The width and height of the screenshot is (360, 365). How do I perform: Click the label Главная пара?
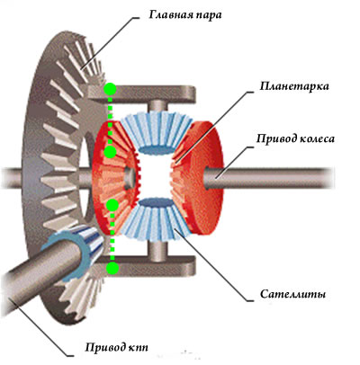[185, 15]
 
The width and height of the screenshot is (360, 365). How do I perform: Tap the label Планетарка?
[294, 86]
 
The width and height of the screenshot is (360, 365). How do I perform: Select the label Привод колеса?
[295, 139]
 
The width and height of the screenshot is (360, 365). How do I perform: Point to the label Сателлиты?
[293, 294]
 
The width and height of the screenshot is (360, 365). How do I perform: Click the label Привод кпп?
[117, 348]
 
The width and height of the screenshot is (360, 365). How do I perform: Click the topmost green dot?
[110, 89]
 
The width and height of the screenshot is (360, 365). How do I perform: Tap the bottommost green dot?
[112, 267]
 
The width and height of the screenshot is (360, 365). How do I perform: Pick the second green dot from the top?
[111, 152]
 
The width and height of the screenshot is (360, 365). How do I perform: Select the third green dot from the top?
[112, 205]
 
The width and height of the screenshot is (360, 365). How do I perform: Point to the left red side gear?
[115, 177]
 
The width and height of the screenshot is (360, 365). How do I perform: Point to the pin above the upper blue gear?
[157, 106]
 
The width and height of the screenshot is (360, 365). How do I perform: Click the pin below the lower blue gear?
[157, 250]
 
